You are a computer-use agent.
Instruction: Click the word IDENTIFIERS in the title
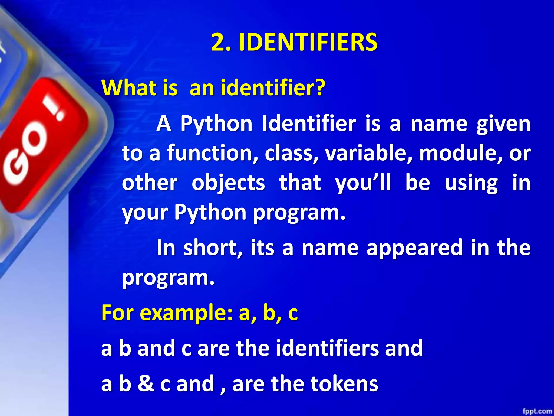point(308,42)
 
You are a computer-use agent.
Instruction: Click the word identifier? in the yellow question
point(273,88)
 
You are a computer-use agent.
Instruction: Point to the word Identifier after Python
point(309,123)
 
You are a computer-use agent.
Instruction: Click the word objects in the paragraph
point(228,183)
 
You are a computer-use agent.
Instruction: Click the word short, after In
point(213,248)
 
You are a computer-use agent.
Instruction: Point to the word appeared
point(414,248)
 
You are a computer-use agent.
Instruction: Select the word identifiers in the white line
point(327,348)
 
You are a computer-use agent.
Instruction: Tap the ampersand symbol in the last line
point(146,383)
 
